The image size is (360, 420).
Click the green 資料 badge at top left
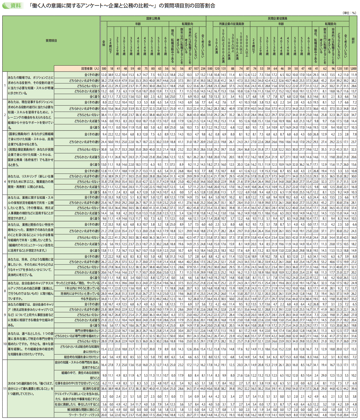pos(13,6)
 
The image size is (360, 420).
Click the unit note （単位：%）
pos(350,13)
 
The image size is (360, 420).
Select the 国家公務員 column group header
pos(153,18)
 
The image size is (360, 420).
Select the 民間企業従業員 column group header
pos(278,18)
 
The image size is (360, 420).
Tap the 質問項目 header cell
pos(51,41)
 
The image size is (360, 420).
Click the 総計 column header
pos(353,41)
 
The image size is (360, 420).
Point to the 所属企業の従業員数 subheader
pos(232,24)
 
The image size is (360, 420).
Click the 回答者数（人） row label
pos(90,69)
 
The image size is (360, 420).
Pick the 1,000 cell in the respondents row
pos(353,69)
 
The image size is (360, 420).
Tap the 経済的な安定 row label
pos(91,389)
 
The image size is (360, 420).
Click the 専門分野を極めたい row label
pos(87,331)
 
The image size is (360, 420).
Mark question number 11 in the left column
pos(5,389)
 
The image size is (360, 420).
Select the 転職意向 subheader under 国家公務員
pos(187,24)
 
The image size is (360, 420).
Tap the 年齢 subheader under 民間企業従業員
pos(281,24)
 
